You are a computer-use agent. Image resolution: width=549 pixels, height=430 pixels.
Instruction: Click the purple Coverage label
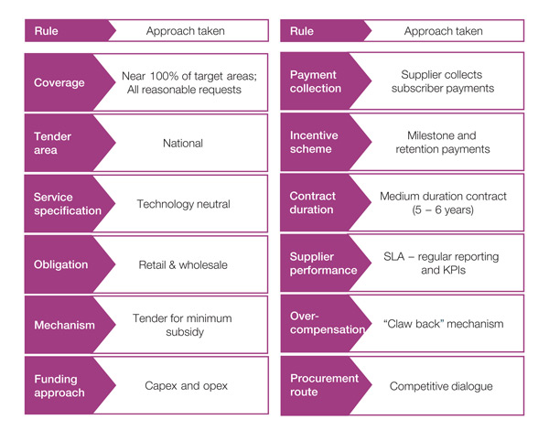click(x=59, y=82)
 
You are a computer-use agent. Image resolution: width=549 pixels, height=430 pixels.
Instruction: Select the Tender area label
click(x=53, y=143)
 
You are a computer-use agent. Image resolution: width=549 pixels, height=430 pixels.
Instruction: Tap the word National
click(x=183, y=143)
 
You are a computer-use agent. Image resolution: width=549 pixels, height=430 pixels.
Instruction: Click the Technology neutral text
click(x=183, y=204)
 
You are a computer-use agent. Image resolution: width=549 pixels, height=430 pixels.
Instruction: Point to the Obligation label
click(x=61, y=264)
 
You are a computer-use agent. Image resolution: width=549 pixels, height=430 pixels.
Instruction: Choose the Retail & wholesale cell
click(x=183, y=264)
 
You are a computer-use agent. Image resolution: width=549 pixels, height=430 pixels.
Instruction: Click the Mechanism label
click(x=64, y=325)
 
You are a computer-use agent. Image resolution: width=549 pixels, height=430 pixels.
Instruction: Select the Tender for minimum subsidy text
click(x=183, y=325)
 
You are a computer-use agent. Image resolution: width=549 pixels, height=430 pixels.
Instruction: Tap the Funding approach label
click(x=58, y=385)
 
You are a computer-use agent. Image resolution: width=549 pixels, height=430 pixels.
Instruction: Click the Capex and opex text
click(x=183, y=385)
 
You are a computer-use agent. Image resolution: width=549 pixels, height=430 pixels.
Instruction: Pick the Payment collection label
click(x=315, y=82)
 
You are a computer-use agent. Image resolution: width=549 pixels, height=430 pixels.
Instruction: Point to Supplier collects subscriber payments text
click(x=441, y=82)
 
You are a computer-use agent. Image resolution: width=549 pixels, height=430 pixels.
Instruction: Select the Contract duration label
click(x=314, y=204)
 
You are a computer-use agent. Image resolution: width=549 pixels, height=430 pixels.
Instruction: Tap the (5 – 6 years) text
click(x=441, y=211)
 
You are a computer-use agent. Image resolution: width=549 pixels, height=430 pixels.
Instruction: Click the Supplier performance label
click(x=322, y=264)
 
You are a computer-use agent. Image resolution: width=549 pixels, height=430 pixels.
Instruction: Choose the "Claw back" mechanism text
click(x=441, y=325)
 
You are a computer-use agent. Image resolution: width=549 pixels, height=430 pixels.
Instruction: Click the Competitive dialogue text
click(x=441, y=386)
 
